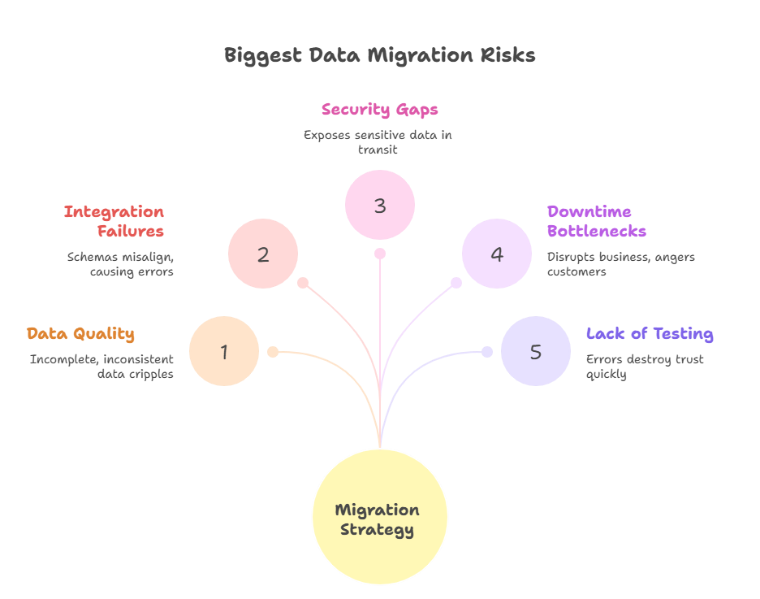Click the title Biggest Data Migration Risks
pos(379,55)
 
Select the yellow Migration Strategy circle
pos(379,516)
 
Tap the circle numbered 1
pos(224,351)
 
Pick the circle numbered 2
pos(263,254)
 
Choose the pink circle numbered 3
pos(380,205)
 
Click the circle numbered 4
pos(497,254)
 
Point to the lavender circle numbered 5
pos(536,351)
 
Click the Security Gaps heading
pos(379,110)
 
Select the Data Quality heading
pos(80,334)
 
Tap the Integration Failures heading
pos(114,221)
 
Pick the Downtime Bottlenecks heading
pos(597,221)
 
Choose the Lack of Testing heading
pos(650,334)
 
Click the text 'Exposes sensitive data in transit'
pos(378,142)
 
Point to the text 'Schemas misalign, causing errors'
pos(120,264)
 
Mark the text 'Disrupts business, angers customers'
pos(621,264)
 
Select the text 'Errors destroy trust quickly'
pos(645,367)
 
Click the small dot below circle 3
pos(380,254)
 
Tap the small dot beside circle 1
pos(274,352)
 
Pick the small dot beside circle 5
pos(487,352)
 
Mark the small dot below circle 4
pos(456,283)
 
